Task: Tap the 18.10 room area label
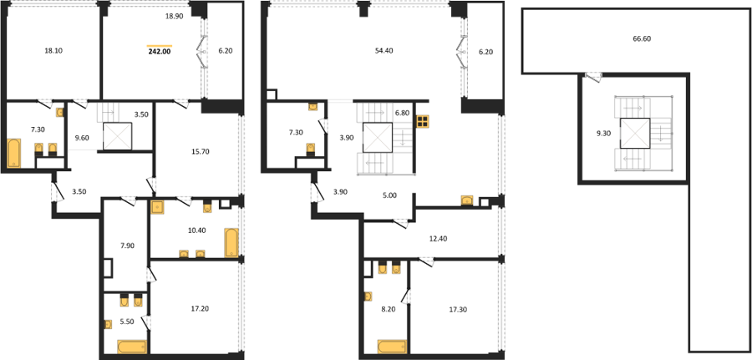click(x=53, y=49)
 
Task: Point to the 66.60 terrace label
click(x=641, y=38)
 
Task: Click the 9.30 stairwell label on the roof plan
click(x=602, y=134)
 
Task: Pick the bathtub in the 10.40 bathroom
click(x=231, y=242)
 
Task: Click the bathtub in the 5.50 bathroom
click(x=132, y=347)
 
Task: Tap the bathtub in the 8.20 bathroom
click(x=392, y=347)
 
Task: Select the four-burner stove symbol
click(x=423, y=122)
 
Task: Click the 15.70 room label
click(x=200, y=151)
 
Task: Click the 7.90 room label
click(x=127, y=246)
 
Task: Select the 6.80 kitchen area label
click(x=401, y=114)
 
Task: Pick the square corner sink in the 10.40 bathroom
click(x=157, y=207)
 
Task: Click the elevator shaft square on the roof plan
click(x=635, y=133)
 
